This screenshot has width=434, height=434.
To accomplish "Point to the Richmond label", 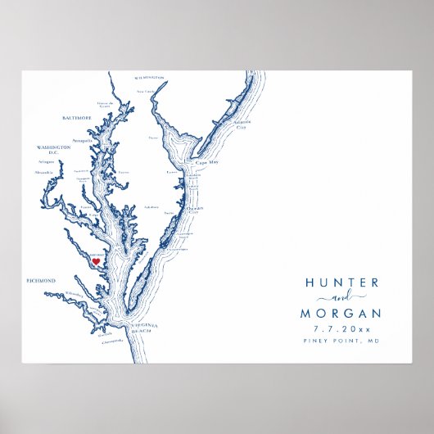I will click(40, 281).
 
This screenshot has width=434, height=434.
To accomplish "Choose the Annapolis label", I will click(83, 141).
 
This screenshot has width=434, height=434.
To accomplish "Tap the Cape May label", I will click(206, 162).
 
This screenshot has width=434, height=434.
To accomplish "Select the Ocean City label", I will click(194, 210).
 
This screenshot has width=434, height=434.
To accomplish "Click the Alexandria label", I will click(45, 173).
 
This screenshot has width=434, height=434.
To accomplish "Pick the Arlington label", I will click(47, 162).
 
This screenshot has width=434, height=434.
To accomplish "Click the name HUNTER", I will click(341, 283).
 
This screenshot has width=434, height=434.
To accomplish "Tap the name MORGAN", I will click(341, 313).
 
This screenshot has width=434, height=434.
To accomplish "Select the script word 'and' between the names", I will click(341, 297).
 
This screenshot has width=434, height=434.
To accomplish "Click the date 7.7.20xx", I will click(341, 329).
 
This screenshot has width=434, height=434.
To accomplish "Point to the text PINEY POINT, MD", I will click(341, 341).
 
